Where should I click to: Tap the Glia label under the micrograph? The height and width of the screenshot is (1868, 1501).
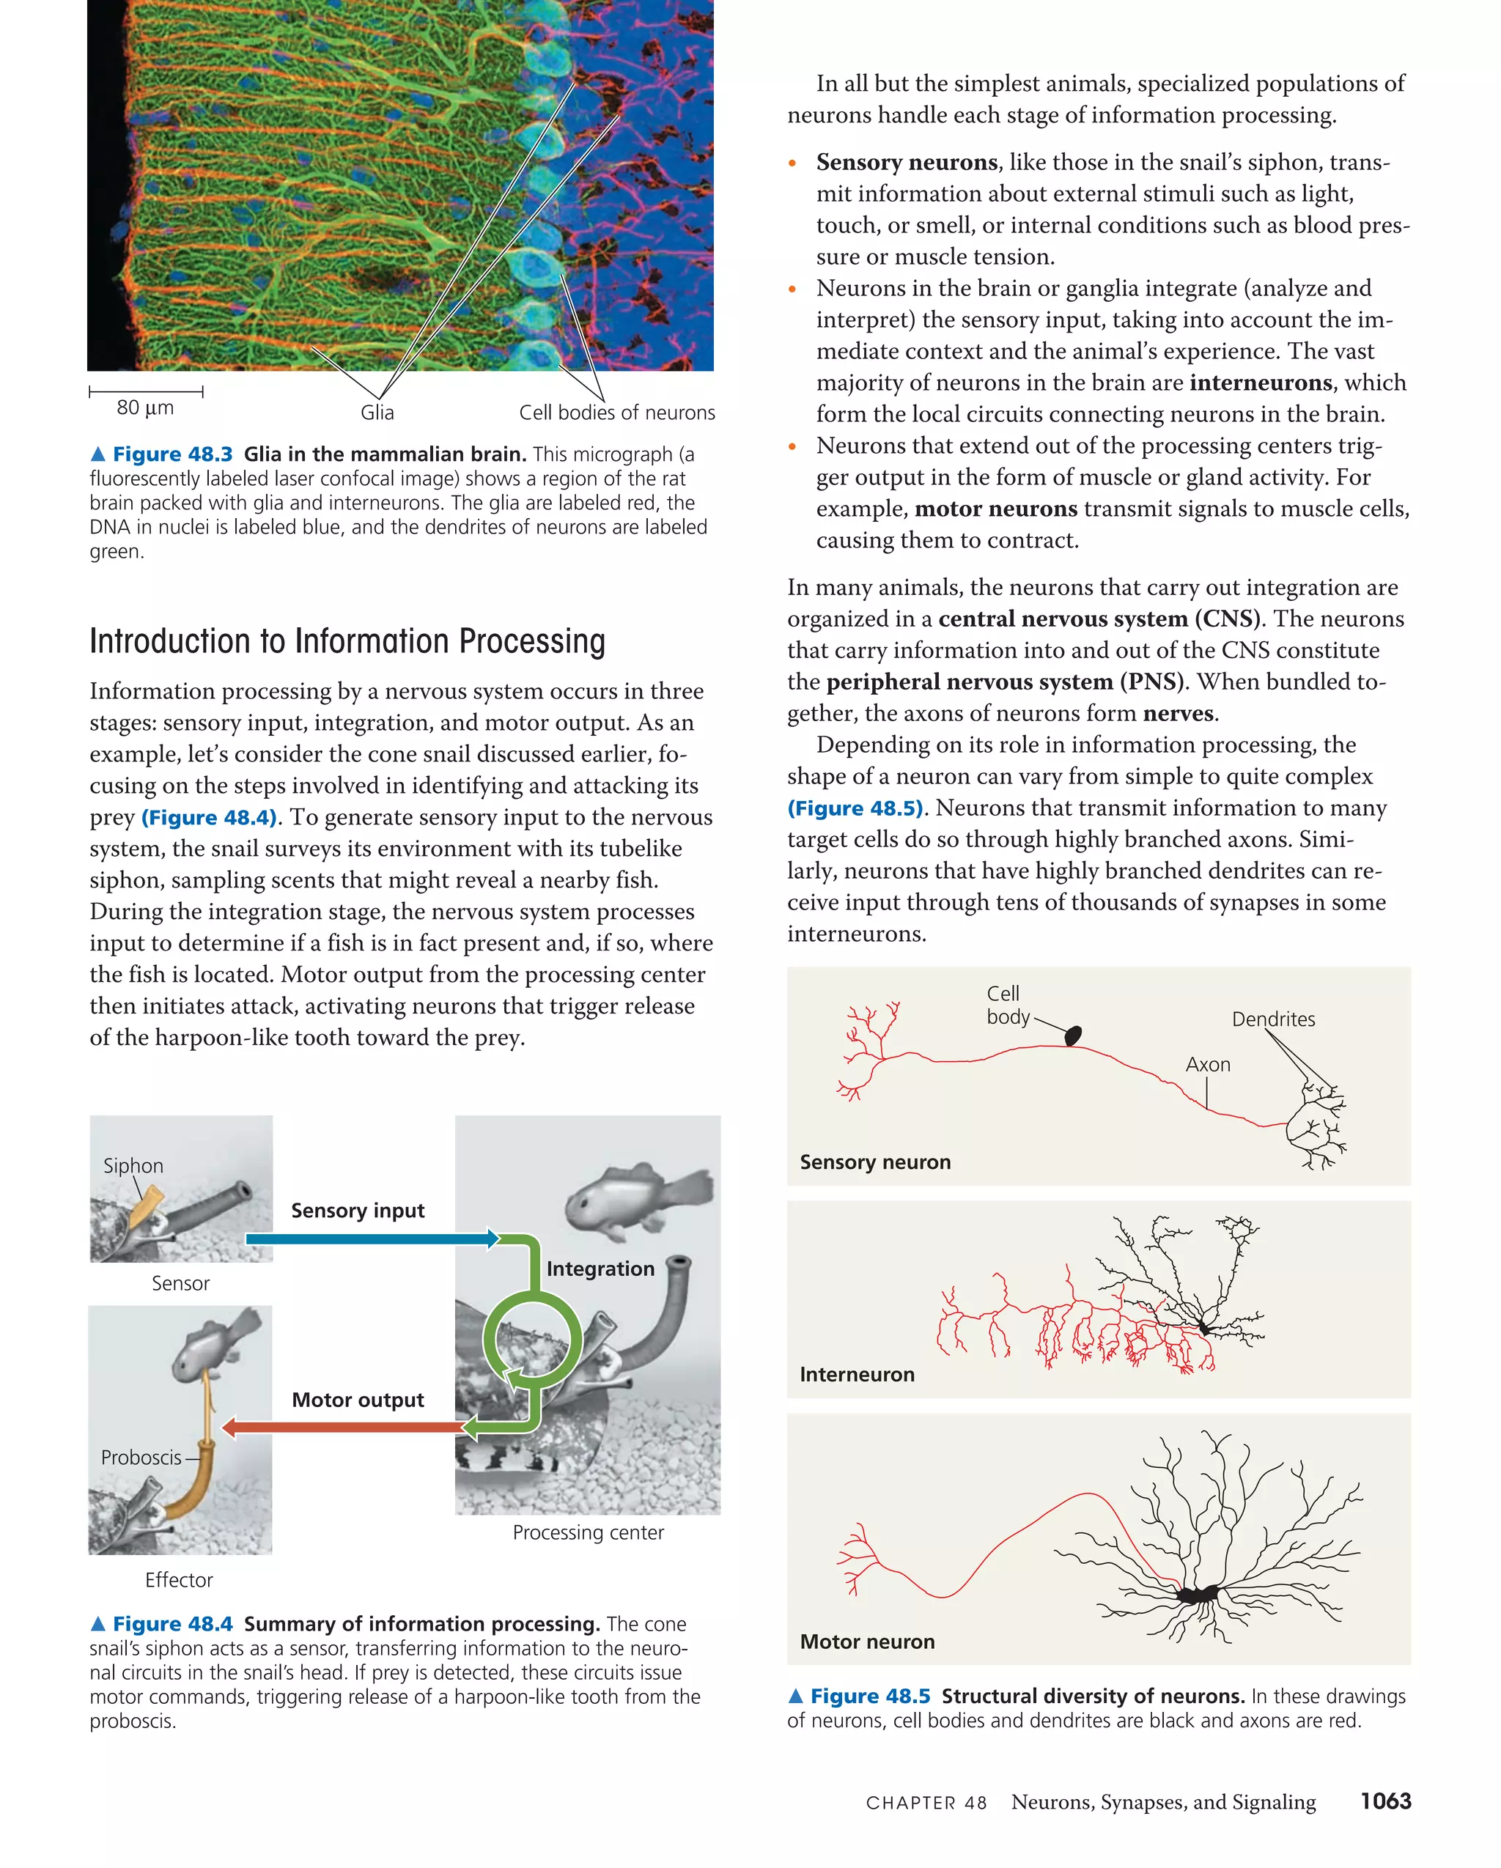[377, 413]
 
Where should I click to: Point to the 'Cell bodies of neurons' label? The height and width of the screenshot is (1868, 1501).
[616, 413]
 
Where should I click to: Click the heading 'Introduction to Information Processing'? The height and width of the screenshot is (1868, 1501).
[347, 642]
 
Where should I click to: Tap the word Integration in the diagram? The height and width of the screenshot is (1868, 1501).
[600, 1269]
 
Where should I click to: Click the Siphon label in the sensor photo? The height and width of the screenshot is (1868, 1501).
[133, 1166]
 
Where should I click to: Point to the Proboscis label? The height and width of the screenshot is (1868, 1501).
[141, 1458]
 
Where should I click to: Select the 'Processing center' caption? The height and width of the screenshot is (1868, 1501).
[588, 1532]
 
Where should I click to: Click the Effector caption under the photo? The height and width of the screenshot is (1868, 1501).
[179, 1580]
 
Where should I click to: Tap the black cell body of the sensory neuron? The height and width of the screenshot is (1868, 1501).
[1073, 1035]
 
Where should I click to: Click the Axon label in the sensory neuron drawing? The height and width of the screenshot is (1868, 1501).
[1207, 1065]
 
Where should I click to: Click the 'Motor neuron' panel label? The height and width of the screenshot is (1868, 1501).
[866, 1642]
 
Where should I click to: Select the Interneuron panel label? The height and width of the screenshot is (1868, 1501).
[856, 1375]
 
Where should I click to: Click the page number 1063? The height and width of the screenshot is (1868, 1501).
[1385, 1801]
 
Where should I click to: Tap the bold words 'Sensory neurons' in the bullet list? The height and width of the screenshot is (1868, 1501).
[907, 163]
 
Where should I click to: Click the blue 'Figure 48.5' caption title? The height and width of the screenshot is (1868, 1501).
[869, 1697]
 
